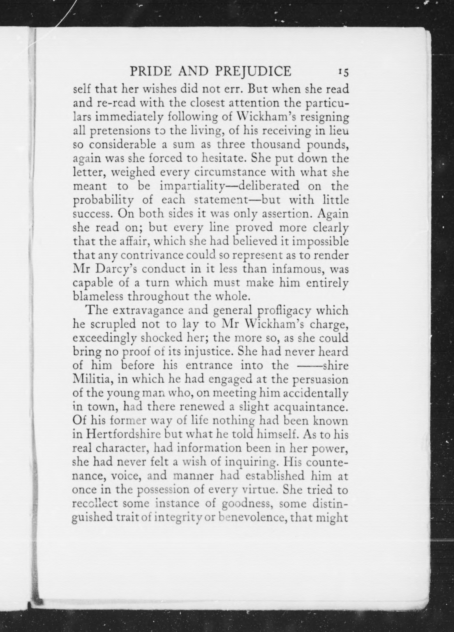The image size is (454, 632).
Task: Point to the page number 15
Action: tap(343, 72)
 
